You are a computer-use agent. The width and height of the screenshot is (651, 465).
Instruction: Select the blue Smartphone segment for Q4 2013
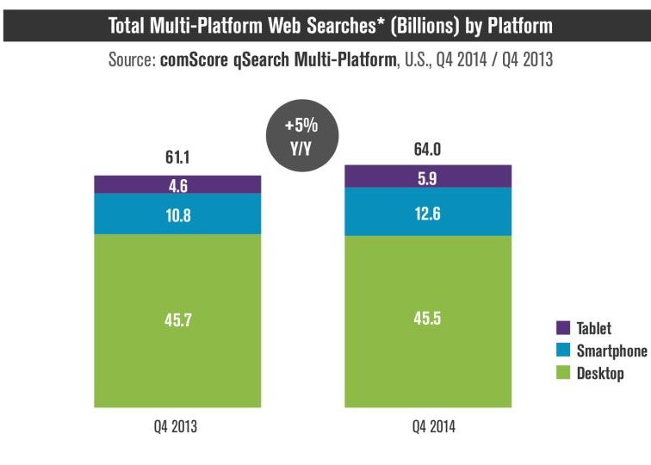177,214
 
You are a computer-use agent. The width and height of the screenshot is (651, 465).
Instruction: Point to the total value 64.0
428,150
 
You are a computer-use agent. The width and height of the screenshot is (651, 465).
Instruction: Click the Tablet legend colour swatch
563,328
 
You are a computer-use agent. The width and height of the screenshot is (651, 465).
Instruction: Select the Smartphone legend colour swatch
563,350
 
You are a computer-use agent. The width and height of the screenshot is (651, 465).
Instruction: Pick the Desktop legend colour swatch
563,373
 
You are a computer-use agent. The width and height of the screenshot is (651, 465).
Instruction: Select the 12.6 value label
428,212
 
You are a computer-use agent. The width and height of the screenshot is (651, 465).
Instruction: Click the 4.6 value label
177,183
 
